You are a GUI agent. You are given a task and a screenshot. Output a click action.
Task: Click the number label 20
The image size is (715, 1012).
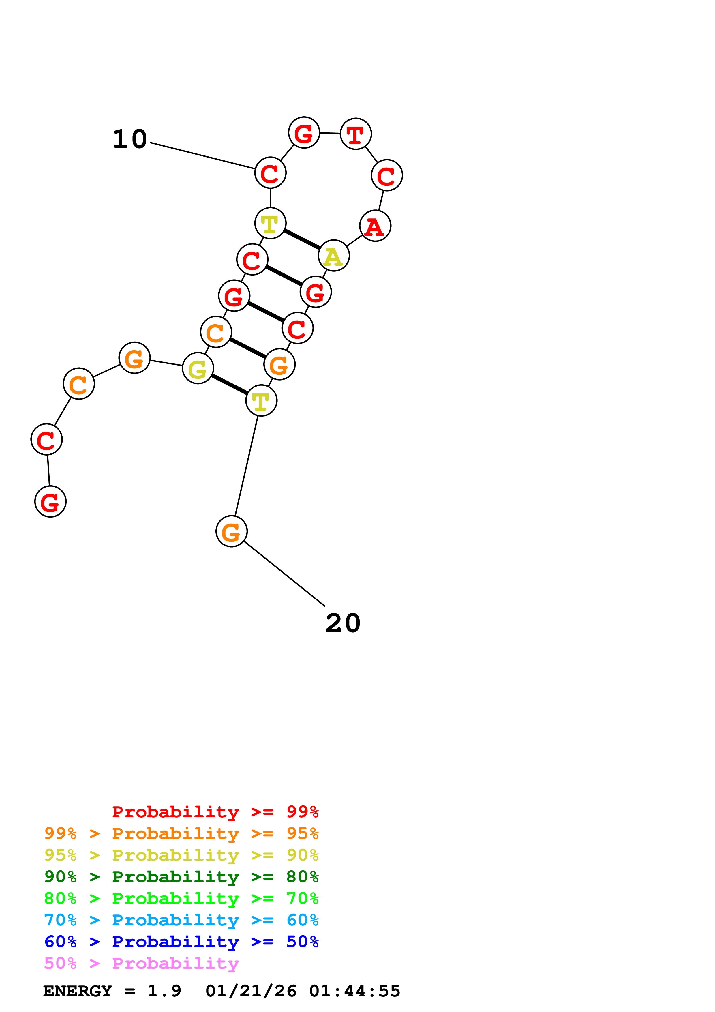pyautogui.click(x=343, y=623)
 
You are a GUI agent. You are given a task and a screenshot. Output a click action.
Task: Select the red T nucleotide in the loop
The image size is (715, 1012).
pyautogui.click(x=356, y=134)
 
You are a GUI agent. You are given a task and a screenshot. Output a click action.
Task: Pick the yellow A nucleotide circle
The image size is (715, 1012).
pyautogui.click(x=333, y=256)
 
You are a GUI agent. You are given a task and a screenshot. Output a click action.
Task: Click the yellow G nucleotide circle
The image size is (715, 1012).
pyautogui.click(x=198, y=368)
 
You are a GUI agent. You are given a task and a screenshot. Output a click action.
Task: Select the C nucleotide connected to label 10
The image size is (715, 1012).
pyautogui.click(x=270, y=173)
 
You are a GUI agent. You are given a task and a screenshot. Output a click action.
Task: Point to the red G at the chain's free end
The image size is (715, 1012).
pyautogui.click(x=50, y=502)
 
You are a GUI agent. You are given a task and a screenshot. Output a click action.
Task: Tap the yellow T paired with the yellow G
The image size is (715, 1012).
pyautogui.click(x=261, y=401)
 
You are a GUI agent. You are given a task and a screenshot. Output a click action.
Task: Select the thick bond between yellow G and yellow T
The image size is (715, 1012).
pyautogui.click(x=230, y=384)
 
